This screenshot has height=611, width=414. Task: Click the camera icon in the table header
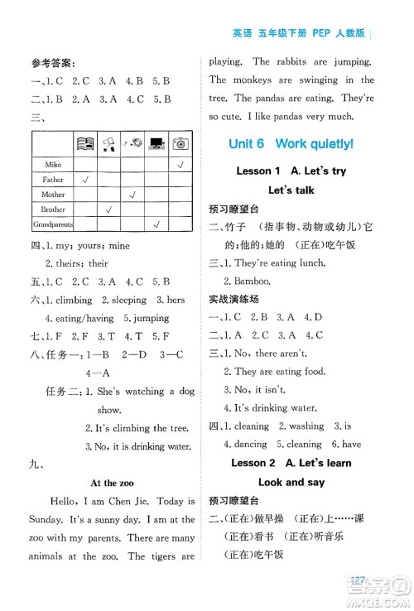click(180, 144)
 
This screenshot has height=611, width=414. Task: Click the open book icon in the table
click(85, 144)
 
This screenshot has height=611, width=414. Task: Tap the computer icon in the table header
click(156, 144)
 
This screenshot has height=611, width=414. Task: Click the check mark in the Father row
click(85, 180)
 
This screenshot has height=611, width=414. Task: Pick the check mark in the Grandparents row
click(156, 224)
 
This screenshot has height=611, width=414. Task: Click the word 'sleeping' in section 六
click(128, 300)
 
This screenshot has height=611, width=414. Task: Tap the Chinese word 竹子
click(235, 228)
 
